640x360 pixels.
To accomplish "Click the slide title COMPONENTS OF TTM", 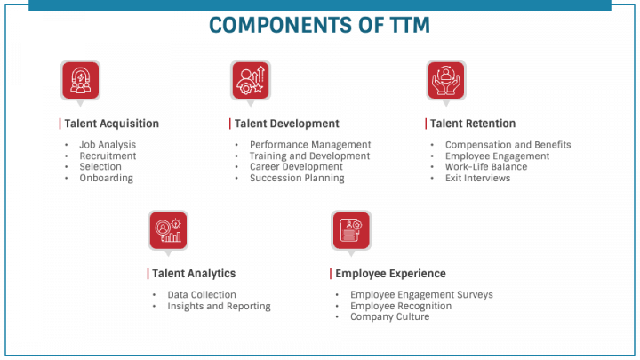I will (320, 26).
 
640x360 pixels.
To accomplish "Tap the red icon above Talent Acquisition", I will (79, 80).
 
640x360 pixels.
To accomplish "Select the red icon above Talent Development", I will (250, 80).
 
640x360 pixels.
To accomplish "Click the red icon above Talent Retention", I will (445, 80).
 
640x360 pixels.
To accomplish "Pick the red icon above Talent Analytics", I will (167, 229).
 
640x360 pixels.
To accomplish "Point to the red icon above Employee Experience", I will (350, 229).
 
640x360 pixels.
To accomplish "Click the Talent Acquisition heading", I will (111, 124).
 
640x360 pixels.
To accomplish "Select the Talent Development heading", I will (286, 124).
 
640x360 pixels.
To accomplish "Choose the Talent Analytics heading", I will (193, 274).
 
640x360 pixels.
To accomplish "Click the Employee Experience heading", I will (390, 274).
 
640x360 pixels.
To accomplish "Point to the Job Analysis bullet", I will (108, 145).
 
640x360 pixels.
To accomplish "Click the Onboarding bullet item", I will (106, 178).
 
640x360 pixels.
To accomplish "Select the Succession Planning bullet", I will (297, 178).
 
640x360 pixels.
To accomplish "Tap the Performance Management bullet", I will (310, 145).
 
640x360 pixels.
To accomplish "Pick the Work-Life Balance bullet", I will (485, 167).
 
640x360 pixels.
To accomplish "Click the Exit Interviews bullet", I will (477, 178).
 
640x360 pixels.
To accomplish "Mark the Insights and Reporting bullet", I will (219, 306).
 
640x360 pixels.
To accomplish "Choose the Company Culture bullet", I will (389, 317).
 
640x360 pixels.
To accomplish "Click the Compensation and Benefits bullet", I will (508, 145).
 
